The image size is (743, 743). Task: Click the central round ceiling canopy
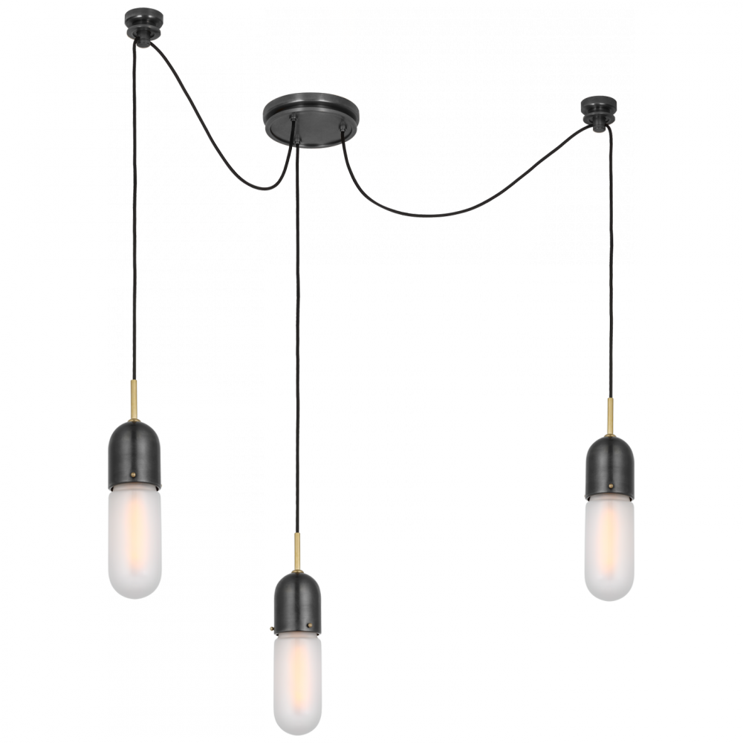(x=311, y=118)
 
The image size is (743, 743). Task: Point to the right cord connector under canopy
(x=341, y=138)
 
